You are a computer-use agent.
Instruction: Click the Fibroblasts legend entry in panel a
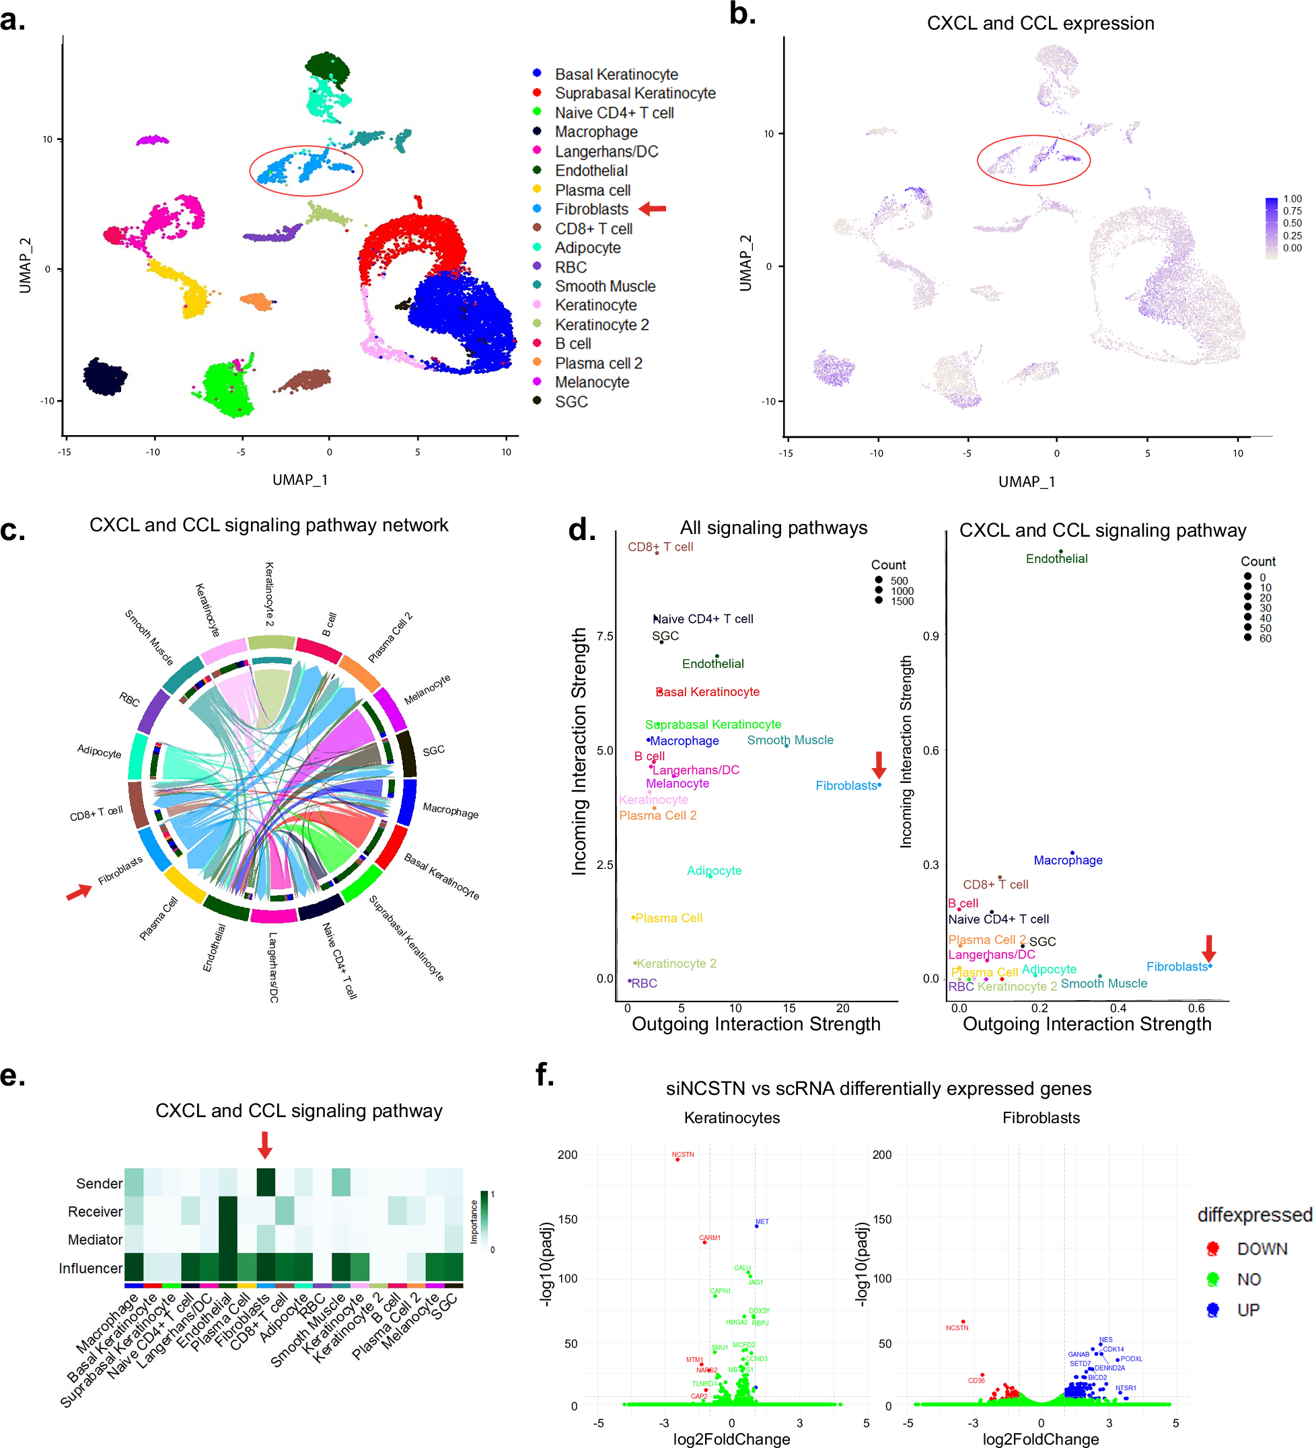591,209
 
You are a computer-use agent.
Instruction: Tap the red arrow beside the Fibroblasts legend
653,209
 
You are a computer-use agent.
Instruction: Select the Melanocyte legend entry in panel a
591,382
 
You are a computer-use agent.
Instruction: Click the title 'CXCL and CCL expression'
1039,24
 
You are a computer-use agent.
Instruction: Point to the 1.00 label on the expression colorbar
1292,199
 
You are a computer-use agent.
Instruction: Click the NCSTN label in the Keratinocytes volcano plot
682,1154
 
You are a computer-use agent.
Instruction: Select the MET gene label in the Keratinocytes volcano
762,1221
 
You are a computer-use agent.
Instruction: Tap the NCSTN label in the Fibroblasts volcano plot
956,1328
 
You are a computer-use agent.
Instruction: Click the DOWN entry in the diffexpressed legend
1262,1249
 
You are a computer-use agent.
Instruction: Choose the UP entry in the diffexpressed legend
1248,1309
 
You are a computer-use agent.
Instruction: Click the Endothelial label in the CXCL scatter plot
1056,559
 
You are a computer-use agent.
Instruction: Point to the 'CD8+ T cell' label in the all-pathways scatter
660,547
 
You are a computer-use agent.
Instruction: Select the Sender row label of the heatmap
99,1183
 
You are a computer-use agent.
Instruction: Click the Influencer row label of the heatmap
91,1268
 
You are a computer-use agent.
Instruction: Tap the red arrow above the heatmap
265,1144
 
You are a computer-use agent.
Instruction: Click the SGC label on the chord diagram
433,751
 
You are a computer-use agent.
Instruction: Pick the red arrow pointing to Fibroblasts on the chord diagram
79,892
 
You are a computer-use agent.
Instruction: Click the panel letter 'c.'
13,529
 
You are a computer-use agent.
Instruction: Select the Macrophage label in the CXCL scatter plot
1068,860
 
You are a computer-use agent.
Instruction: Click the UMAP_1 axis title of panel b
1026,482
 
